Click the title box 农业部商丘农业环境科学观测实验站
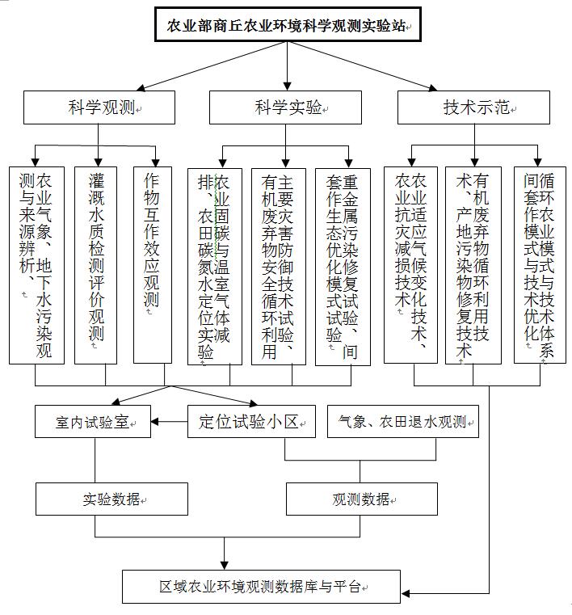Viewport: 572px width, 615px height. coord(288,24)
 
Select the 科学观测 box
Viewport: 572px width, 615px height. coord(99,107)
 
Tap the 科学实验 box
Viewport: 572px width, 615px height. coord(285,107)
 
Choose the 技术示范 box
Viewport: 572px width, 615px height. coord(473,107)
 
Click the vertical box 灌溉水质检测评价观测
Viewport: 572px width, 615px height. coord(95,266)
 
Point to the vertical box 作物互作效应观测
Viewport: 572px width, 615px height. coord(153,265)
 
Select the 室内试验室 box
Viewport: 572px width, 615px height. coord(93,422)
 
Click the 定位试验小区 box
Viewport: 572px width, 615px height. coord(252,422)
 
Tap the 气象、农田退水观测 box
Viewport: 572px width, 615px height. coord(403,422)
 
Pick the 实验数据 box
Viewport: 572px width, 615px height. coord(111,499)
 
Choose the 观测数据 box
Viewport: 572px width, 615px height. coord(362,499)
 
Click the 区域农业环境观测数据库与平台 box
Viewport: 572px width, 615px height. coord(261,587)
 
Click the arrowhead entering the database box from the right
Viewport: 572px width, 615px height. coord(405,593)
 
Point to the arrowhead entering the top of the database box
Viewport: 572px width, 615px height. coord(225,566)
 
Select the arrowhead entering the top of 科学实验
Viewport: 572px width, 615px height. coord(288,86)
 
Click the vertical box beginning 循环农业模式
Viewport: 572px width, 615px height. coord(540,265)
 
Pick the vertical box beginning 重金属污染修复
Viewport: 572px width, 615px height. coord(343,267)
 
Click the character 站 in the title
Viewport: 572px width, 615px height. coord(399,26)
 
